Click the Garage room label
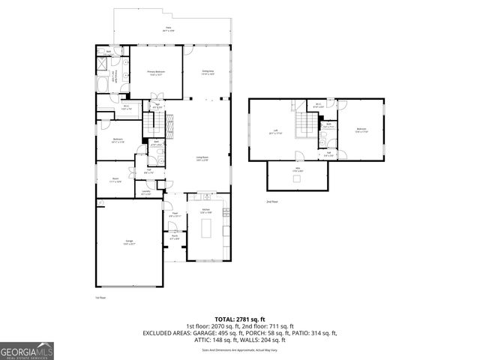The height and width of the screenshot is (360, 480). (x=130, y=242)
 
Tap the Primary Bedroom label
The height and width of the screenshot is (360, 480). (x=156, y=73)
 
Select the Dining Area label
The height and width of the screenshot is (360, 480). (x=208, y=73)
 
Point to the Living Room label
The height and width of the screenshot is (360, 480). (x=202, y=158)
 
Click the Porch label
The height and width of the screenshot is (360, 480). (x=174, y=238)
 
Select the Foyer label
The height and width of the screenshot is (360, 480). (x=173, y=214)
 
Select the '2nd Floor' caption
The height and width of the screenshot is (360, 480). (x=271, y=202)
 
